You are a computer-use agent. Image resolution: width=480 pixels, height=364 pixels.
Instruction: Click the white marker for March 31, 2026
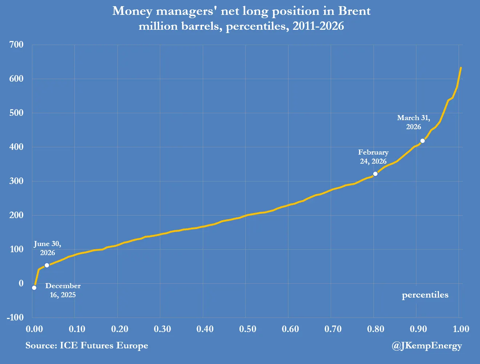click(423, 141)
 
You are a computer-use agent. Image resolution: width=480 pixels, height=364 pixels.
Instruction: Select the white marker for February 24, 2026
click(375, 174)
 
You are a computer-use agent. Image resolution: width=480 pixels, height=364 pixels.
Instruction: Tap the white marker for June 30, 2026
click(47, 265)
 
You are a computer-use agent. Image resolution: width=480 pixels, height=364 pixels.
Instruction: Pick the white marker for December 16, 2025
click(34, 288)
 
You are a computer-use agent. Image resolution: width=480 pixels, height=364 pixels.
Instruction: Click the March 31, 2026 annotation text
click(414, 122)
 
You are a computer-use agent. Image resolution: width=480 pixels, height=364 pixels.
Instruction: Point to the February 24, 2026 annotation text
click(373, 156)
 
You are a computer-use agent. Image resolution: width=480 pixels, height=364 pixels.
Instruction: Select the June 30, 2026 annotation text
click(48, 248)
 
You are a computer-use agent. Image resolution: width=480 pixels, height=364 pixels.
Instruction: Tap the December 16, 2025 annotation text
click(63, 290)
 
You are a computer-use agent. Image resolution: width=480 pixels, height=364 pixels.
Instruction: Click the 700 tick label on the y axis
click(16, 45)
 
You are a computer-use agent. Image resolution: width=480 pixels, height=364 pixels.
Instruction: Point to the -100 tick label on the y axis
click(15, 317)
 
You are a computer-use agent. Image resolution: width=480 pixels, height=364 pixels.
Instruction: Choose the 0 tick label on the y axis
click(21, 283)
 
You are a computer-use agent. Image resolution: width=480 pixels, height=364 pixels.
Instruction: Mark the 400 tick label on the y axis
click(16, 147)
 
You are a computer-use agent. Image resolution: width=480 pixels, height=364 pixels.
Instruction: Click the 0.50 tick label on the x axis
click(247, 329)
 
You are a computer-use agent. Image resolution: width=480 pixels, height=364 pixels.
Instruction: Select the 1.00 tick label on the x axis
click(461, 329)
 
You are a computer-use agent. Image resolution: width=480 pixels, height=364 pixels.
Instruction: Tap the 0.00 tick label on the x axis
click(34, 329)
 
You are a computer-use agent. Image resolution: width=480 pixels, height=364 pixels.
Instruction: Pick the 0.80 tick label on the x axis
click(376, 329)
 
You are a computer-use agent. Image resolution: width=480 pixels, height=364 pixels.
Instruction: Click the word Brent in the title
click(354, 11)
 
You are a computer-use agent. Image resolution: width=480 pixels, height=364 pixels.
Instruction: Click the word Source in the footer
click(41, 345)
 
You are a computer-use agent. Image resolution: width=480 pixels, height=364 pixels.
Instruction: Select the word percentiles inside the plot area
click(425, 295)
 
